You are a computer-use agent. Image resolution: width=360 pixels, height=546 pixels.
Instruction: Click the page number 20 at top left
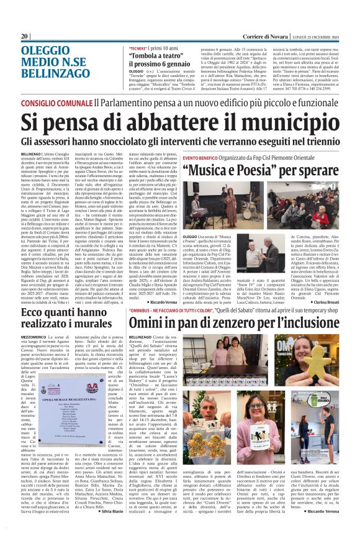coord(25,36)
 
